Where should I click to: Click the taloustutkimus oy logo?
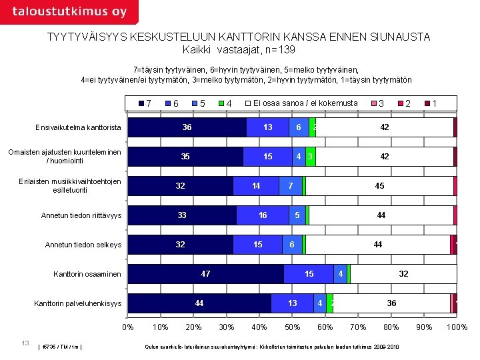coord(69,12)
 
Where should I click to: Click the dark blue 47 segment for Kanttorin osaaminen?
coord(205,274)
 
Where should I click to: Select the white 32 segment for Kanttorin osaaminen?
coord(403,274)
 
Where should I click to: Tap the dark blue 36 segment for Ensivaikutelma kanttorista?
coord(187,127)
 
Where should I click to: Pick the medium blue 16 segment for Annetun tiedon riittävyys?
coord(263,215)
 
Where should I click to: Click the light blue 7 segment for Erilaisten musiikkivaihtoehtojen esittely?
coord(290,186)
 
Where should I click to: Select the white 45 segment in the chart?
coord(379,186)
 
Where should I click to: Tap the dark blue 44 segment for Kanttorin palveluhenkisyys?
coord(199,303)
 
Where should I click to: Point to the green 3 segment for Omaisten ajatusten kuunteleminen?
coord(310,157)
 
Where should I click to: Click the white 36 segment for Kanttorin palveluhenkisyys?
coord(391,303)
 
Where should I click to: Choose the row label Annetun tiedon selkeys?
coord(83,245)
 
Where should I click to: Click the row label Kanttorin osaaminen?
coord(87,274)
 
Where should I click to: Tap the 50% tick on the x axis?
coord(292,327)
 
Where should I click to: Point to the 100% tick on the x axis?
coord(457,327)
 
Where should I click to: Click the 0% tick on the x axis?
coord(127,327)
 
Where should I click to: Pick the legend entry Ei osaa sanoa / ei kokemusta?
coord(305,103)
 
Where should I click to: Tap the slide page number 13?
coord(25,343)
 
